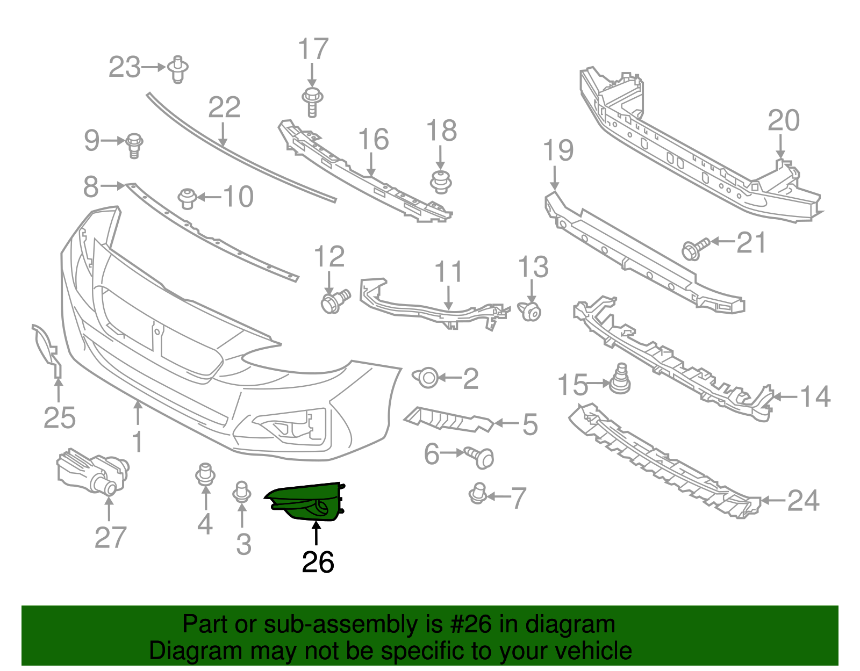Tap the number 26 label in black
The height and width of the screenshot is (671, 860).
pyautogui.click(x=318, y=562)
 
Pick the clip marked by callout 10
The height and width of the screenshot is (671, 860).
pyautogui.click(x=187, y=198)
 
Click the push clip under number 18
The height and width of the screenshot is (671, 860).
pyautogui.click(x=441, y=182)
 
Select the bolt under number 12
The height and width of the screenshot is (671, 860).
pyautogui.click(x=333, y=302)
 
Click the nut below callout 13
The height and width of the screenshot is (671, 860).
pyautogui.click(x=531, y=311)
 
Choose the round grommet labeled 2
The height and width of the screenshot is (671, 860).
pyautogui.click(x=427, y=378)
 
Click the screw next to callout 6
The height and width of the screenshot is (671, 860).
pyautogui.click(x=481, y=456)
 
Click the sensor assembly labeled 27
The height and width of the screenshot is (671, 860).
pyautogui.click(x=91, y=472)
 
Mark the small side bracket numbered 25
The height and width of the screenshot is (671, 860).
pyautogui.click(x=48, y=350)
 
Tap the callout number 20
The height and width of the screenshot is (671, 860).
pyautogui.click(x=783, y=120)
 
